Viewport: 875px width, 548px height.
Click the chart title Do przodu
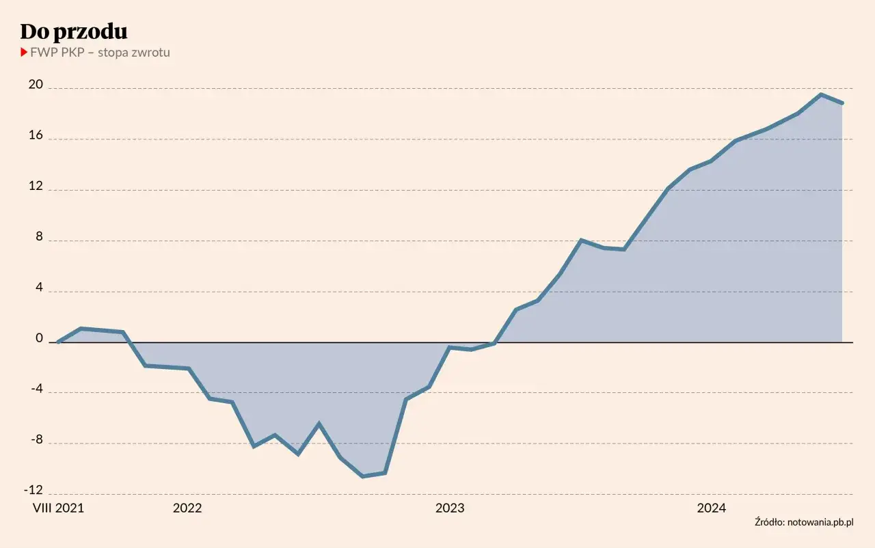(74, 31)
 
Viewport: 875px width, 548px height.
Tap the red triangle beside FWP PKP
(24, 52)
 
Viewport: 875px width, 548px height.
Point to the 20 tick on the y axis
(35, 85)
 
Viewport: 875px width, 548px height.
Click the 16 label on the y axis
(35, 136)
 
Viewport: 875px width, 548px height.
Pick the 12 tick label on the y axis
(35, 187)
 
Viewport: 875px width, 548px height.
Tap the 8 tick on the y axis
(38, 238)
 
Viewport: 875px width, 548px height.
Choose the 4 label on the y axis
(38, 288)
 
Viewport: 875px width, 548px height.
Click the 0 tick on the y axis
(38, 339)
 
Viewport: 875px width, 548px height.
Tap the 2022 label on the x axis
(187, 508)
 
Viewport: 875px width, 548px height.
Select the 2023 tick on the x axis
(450, 508)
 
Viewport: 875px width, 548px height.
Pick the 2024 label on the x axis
(712, 508)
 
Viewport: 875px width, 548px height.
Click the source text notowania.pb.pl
(804, 523)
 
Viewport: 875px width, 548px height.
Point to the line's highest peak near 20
(820, 94)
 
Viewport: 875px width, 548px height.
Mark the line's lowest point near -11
(362, 476)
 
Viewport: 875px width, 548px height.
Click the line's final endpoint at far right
(842, 103)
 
